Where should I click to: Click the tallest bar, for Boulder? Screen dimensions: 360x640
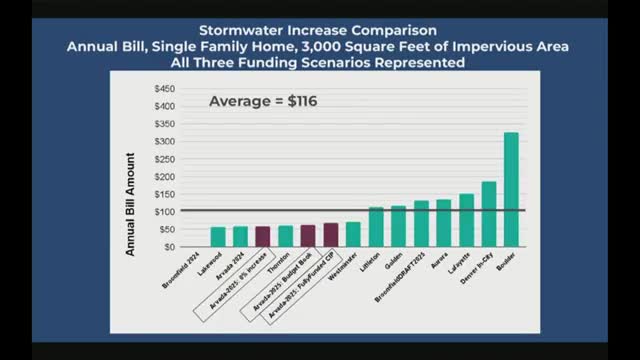click(x=511, y=190)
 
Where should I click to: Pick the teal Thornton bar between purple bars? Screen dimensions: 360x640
click(x=285, y=236)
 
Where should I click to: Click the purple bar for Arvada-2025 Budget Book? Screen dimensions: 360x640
click(x=308, y=236)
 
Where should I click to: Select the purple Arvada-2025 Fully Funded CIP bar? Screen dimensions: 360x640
click(x=330, y=235)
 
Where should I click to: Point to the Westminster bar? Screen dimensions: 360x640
click(x=353, y=234)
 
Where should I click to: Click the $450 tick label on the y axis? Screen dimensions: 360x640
click(x=164, y=88)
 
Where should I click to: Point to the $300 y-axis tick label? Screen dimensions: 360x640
click(x=164, y=141)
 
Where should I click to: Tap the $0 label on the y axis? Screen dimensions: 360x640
click(x=169, y=247)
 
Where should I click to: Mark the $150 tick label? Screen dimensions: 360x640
click(x=164, y=194)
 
